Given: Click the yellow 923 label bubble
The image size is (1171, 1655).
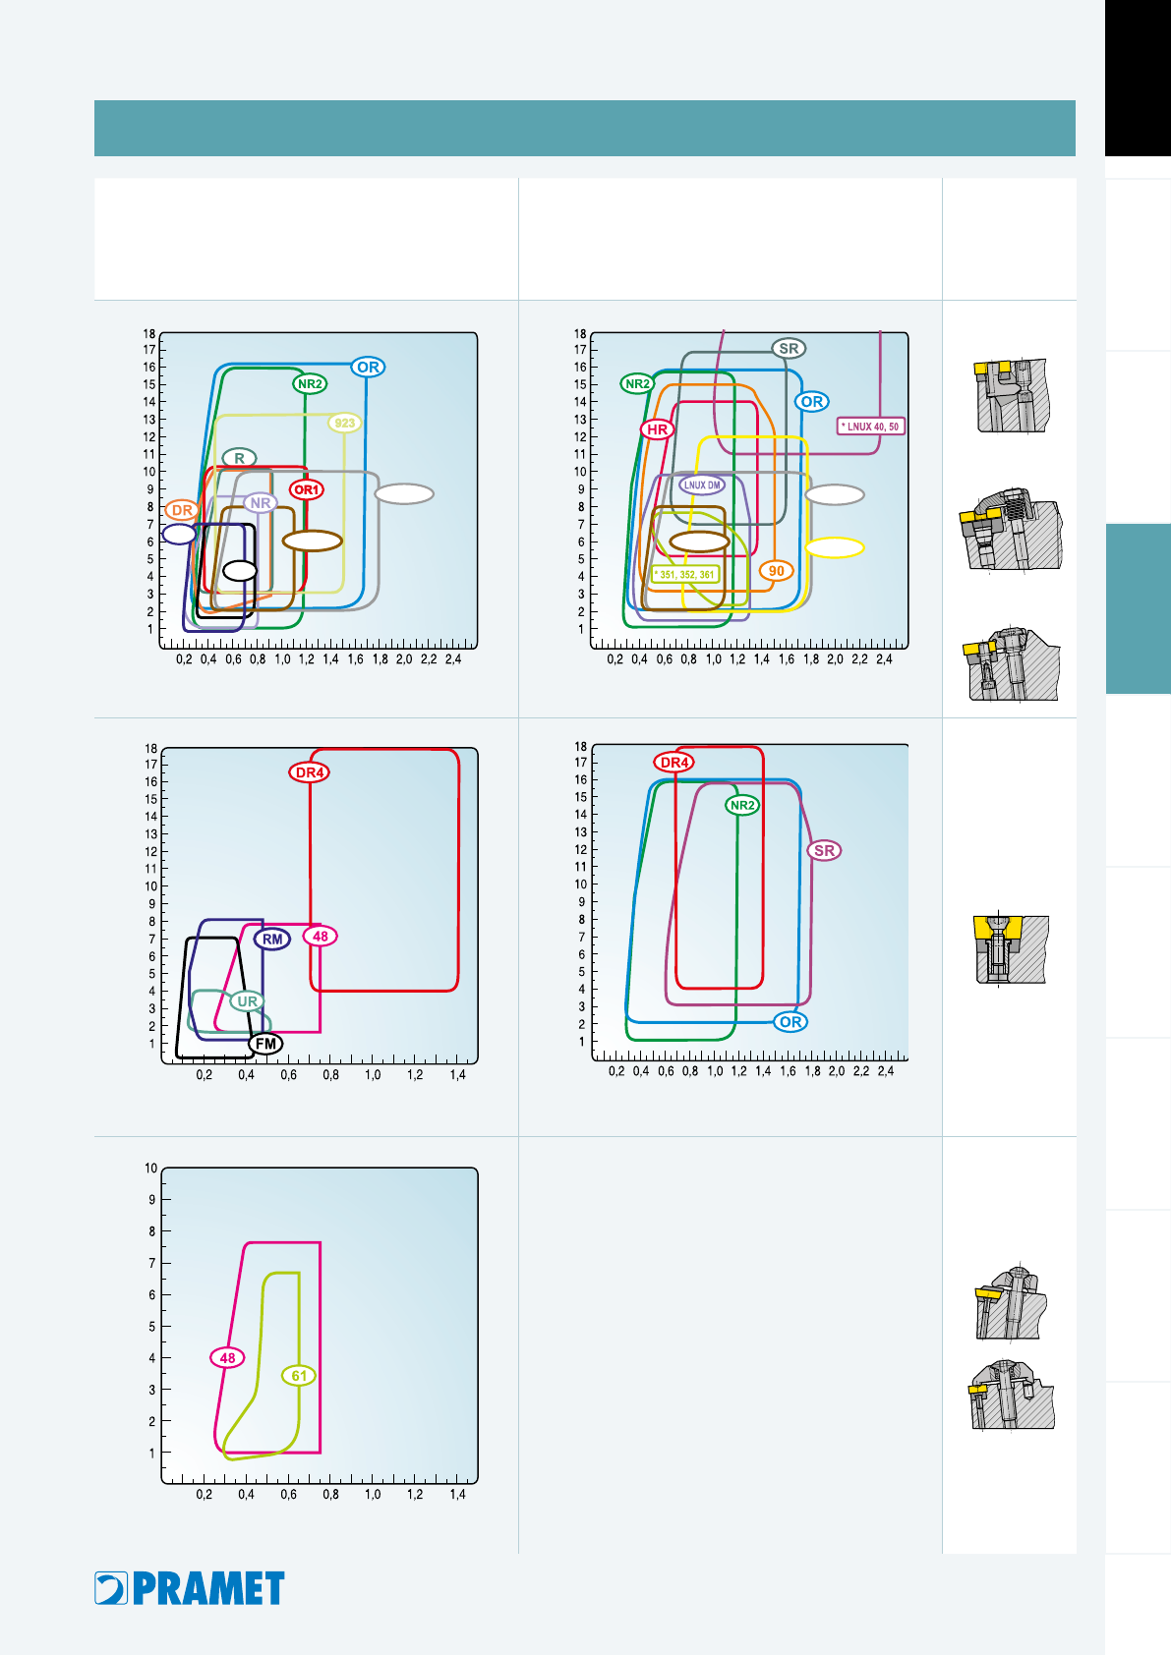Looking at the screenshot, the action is coord(344,424).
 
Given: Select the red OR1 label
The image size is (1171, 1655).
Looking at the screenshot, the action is coord(306,489).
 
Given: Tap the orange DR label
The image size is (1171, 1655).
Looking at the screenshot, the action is coord(182,510).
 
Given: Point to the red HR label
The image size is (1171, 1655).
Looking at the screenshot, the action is coord(657,429).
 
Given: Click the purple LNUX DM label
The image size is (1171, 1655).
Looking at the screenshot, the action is coord(702,485).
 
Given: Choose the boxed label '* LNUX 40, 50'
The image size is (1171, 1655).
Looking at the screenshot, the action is coord(871,427).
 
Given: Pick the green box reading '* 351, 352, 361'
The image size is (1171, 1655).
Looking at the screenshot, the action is coord(684,574).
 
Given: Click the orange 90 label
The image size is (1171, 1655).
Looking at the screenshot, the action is coord(776,571).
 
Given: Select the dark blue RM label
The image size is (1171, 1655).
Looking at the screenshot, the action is coord(272,940).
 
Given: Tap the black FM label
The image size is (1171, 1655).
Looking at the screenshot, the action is coord(265,1044).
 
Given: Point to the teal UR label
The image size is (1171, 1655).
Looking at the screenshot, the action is coord(247,1001).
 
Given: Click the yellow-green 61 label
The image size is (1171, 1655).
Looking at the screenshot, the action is coord(299,1376).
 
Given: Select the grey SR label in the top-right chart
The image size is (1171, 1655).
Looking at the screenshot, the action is coord(789,349).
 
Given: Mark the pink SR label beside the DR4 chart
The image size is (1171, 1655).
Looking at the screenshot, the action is coord(824,850).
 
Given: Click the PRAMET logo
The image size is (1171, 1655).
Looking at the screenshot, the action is coord(189,1588).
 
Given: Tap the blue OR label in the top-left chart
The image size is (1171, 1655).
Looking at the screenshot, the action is coord(368,368).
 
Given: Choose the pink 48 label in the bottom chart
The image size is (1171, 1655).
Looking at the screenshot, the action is coord(227,1358).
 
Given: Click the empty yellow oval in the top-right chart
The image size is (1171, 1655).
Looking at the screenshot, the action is coord(835,547).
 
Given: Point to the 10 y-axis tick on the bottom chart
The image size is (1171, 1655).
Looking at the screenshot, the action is coord(150,1169).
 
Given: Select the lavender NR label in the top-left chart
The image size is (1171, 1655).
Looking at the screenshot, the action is coord(261,503).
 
